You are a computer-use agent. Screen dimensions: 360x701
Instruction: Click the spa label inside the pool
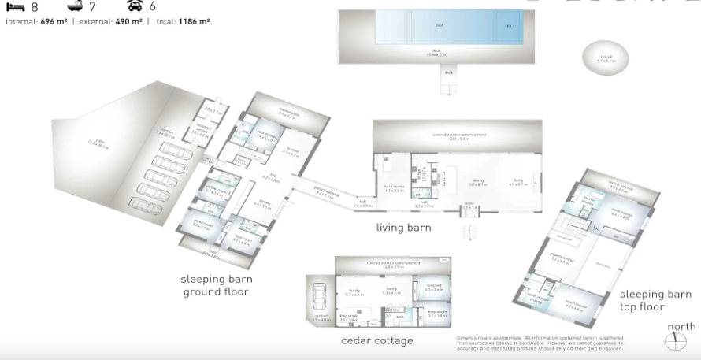[x=507, y=25]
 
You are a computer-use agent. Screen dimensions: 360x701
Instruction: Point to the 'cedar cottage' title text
[x=376, y=340]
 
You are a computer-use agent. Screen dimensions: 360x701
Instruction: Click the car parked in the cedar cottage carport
[x=321, y=300]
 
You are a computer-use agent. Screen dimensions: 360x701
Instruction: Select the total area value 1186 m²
[x=193, y=21]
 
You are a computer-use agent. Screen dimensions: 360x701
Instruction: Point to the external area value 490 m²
[x=124, y=21]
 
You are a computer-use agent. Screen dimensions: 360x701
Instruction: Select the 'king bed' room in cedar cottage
[x=434, y=288]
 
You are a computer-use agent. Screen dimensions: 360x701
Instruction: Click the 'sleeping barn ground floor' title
[x=215, y=285]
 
